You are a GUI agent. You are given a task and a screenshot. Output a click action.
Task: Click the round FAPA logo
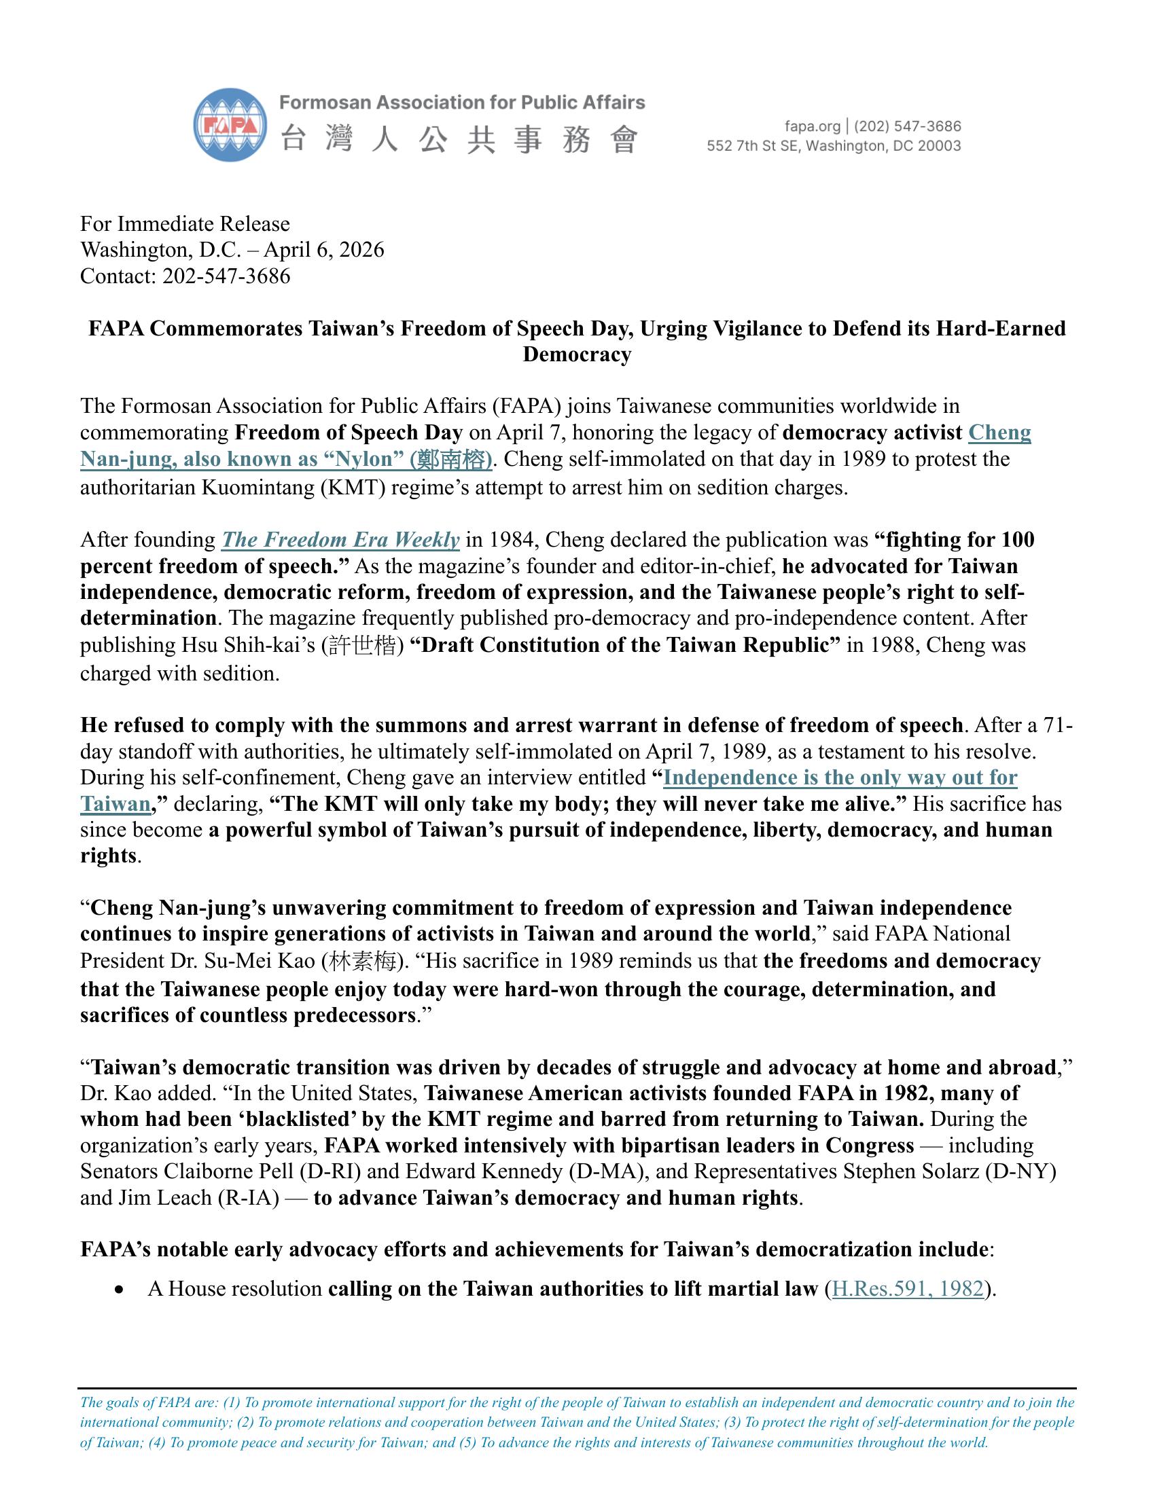(x=230, y=124)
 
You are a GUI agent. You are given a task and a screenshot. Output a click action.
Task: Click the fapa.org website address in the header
(x=812, y=126)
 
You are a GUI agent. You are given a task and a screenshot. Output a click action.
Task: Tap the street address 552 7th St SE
(x=753, y=146)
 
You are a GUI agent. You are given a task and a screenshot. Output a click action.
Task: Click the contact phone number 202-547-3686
(x=226, y=276)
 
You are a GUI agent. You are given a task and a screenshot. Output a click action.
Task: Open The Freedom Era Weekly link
(x=340, y=540)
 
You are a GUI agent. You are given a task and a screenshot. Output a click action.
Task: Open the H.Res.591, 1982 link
(x=907, y=1289)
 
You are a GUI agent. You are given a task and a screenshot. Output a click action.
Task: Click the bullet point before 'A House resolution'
(x=120, y=1290)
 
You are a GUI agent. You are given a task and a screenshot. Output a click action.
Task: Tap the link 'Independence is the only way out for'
(x=840, y=777)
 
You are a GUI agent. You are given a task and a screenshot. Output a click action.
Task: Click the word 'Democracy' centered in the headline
(x=577, y=354)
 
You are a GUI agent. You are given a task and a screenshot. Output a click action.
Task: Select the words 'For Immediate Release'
(x=185, y=223)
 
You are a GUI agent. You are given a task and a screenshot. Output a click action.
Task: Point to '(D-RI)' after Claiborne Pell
(x=330, y=1171)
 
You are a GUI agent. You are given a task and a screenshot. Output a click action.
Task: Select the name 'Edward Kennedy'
(x=484, y=1171)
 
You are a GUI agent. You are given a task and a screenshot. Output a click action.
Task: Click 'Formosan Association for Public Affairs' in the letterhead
(x=462, y=103)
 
